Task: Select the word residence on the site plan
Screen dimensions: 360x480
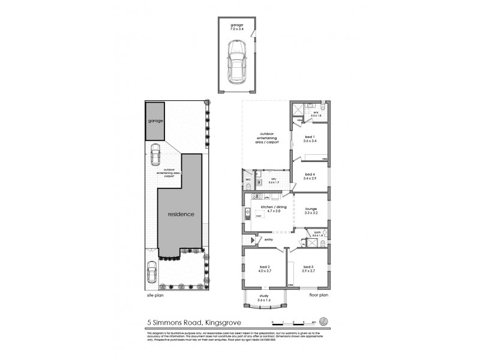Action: (x=181, y=214)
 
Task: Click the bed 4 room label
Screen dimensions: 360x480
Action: (x=310, y=176)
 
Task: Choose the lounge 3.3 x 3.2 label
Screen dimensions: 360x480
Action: (x=310, y=211)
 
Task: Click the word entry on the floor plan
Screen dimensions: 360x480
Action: (x=267, y=240)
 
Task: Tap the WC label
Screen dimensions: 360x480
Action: (x=247, y=179)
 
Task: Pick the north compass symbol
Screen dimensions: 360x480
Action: (x=324, y=320)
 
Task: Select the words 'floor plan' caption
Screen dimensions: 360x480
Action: (x=319, y=295)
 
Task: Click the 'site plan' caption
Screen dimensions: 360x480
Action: (x=155, y=295)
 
